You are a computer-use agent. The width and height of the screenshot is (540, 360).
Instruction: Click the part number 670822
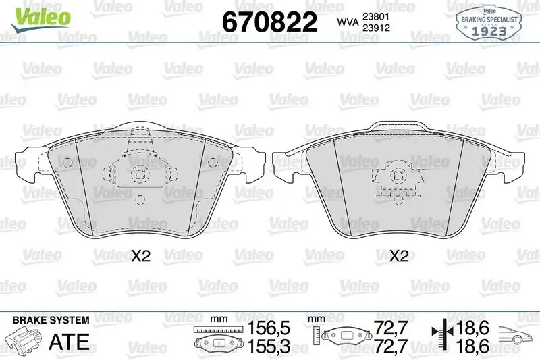(x=269, y=22)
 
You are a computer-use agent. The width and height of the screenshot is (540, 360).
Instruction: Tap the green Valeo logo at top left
(x=41, y=19)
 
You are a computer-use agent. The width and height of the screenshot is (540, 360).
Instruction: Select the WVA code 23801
(x=376, y=16)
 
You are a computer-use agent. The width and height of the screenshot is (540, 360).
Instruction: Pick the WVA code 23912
(x=376, y=28)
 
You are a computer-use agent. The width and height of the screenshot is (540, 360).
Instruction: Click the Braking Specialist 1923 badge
(x=489, y=23)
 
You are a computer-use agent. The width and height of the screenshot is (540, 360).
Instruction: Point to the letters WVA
(x=348, y=22)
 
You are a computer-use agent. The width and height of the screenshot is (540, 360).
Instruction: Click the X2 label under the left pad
(x=141, y=256)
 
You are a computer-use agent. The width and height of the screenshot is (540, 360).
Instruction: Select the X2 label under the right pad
(x=398, y=256)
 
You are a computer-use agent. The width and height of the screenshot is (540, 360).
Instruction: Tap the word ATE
(x=70, y=341)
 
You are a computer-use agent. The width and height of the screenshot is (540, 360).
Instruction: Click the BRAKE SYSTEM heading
(x=51, y=320)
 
